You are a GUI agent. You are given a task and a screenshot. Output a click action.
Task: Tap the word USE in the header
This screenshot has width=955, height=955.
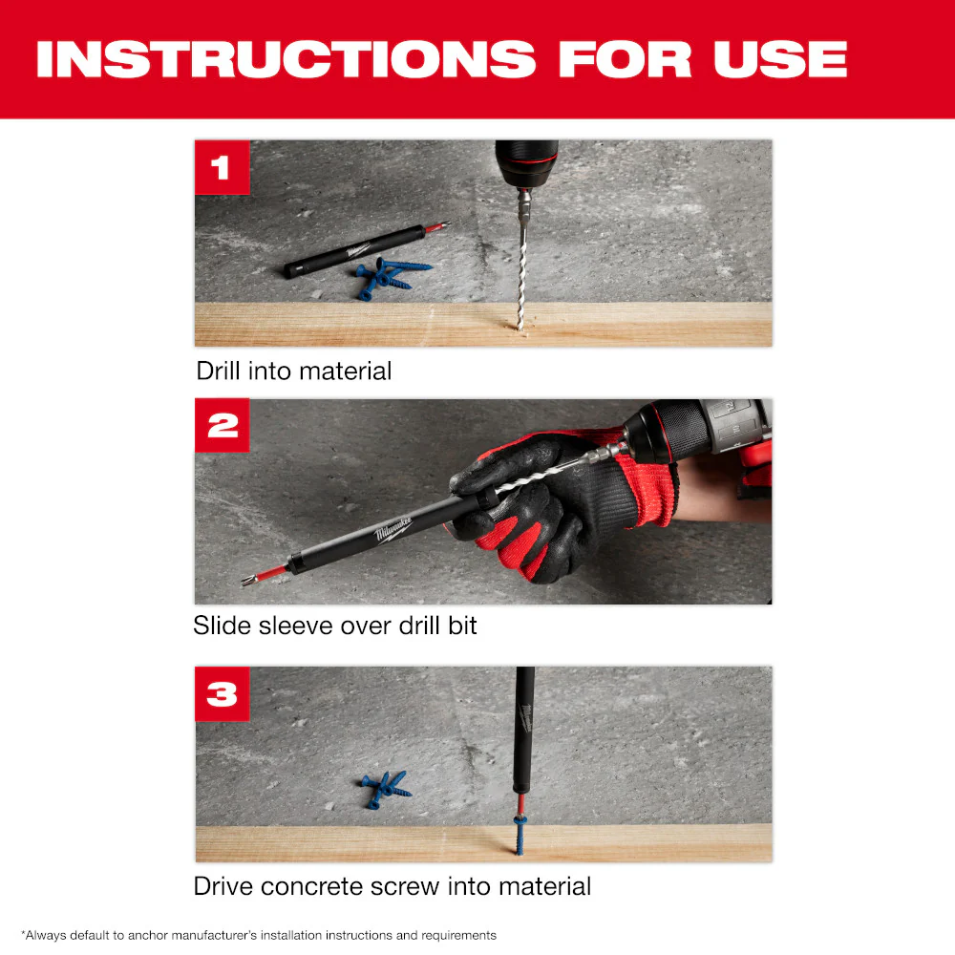780,59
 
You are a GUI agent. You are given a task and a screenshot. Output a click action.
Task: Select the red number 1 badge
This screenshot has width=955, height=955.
222,167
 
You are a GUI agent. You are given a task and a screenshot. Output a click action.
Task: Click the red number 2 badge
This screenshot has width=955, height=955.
222,425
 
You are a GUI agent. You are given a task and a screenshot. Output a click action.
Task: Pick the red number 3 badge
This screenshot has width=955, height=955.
222,693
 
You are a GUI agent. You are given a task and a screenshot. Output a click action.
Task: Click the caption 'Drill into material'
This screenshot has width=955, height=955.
294,371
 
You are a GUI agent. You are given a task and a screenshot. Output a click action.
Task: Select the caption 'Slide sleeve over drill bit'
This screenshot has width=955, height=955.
334,626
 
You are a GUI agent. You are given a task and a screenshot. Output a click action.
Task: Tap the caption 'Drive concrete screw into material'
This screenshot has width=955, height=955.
392,885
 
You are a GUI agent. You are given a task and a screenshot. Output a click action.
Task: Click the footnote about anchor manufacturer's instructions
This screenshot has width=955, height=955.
258,935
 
